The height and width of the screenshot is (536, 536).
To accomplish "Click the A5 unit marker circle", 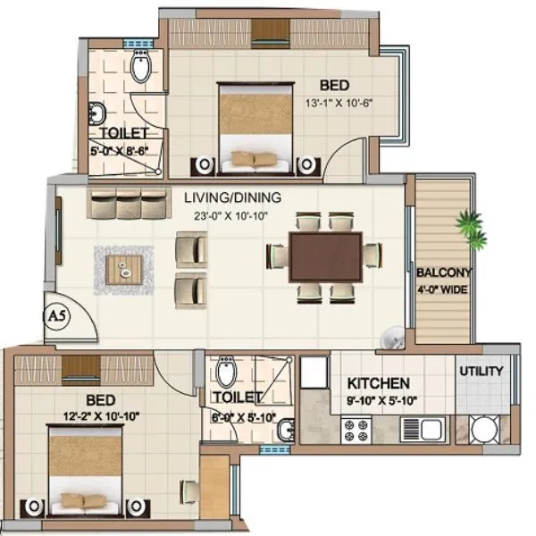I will coord(54,316).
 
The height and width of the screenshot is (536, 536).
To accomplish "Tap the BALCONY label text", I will coord(444,272).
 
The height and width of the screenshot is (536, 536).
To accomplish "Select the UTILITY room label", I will coord(482,371).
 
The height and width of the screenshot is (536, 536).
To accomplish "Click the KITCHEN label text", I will coord(379,383).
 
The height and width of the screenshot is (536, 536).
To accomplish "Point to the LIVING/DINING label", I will coord(232,197).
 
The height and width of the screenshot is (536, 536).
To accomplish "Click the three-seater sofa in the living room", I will coord(128,203).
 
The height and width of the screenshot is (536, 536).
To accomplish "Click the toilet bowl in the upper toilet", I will coord(141,66).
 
